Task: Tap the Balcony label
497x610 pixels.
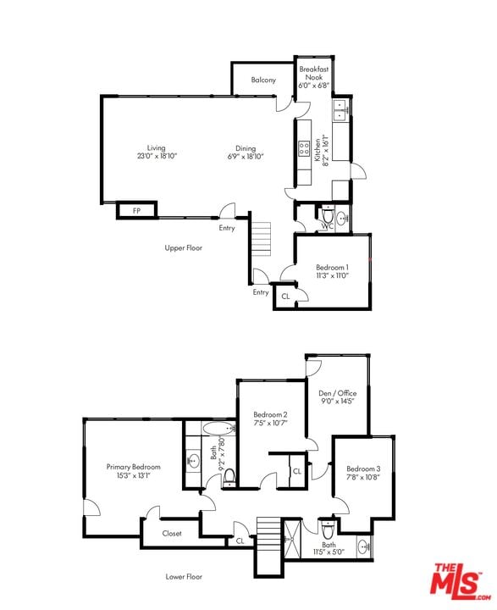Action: coord(263,80)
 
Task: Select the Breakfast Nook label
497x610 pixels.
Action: coord(314,73)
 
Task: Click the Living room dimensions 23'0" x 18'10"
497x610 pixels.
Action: coord(157,157)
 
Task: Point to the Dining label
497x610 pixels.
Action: coord(246,147)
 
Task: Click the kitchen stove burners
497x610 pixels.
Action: coord(302,149)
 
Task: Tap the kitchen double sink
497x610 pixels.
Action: coord(340,111)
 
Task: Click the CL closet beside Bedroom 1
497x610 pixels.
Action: coord(285,297)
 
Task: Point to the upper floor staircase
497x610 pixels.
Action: coord(262,238)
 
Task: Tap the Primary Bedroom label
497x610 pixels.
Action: coord(133,466)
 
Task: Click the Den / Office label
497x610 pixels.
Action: coord(337,393)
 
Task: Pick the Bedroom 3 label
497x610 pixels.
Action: coord(363,469)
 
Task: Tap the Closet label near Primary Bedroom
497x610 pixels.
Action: coord(172,534)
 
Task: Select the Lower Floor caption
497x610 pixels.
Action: coord(184,576)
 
